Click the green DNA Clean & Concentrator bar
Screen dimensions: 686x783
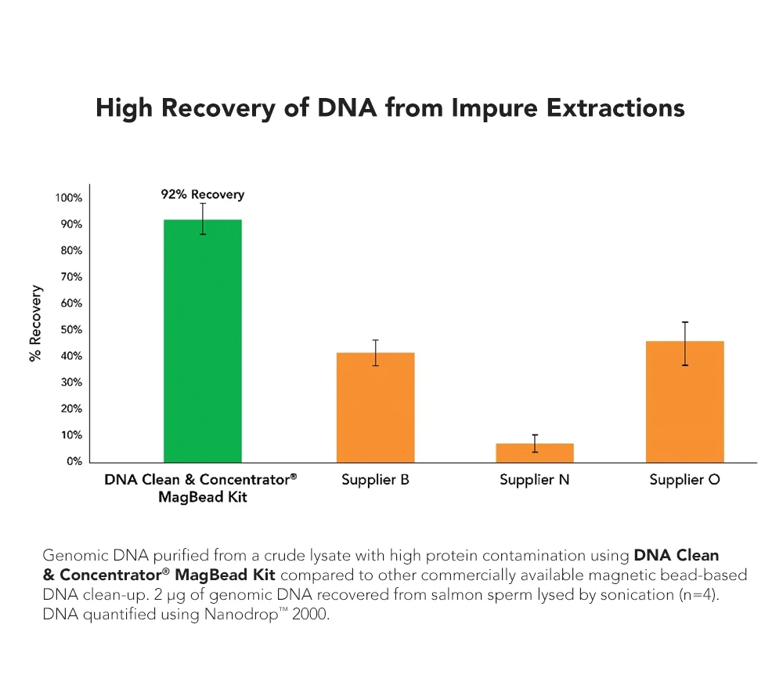click(202, 341)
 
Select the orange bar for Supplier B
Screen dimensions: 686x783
click(375, 408)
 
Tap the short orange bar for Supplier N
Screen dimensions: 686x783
click(535, 453)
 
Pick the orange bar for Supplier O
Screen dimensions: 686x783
click(684, 401)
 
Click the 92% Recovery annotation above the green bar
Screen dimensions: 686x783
click(197, 194)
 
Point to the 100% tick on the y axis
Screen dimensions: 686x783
click(69, 198)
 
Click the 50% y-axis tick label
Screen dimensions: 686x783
click(71, 330)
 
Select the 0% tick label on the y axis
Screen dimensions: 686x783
click(74, 462)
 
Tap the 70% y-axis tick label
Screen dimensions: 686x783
click(71, 278)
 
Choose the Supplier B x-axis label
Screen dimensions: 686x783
click(375, 480)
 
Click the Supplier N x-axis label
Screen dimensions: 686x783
click(535, 480)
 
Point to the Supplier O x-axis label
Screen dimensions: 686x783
click(684, 480)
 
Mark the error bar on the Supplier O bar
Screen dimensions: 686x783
click(685, 343)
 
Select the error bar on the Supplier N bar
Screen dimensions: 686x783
click(535, 443)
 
